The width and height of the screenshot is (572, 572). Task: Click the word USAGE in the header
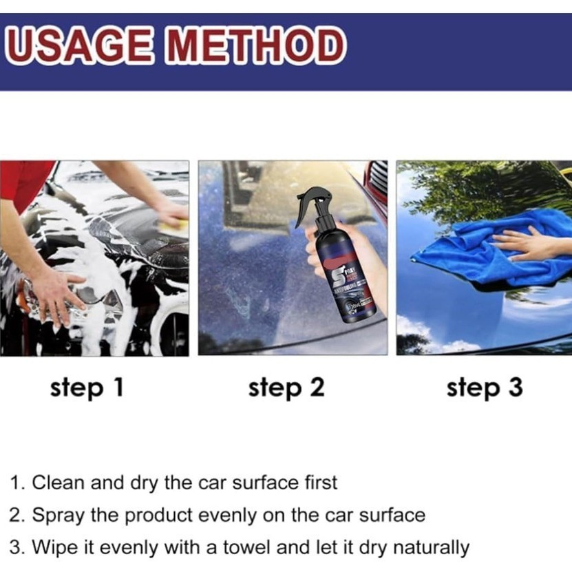[81, 47]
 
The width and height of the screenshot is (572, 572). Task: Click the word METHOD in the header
[255, 47]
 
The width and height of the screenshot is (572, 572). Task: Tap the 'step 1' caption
[87, 388]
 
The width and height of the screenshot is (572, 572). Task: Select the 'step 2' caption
[286, 388]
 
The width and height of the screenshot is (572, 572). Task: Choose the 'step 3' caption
[484, 388]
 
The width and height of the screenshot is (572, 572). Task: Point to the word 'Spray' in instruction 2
[59, 515]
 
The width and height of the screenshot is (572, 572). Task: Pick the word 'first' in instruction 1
[320, 483]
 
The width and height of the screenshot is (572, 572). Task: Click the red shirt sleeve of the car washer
[24, 182]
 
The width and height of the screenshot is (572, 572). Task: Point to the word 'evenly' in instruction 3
[133, 549]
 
